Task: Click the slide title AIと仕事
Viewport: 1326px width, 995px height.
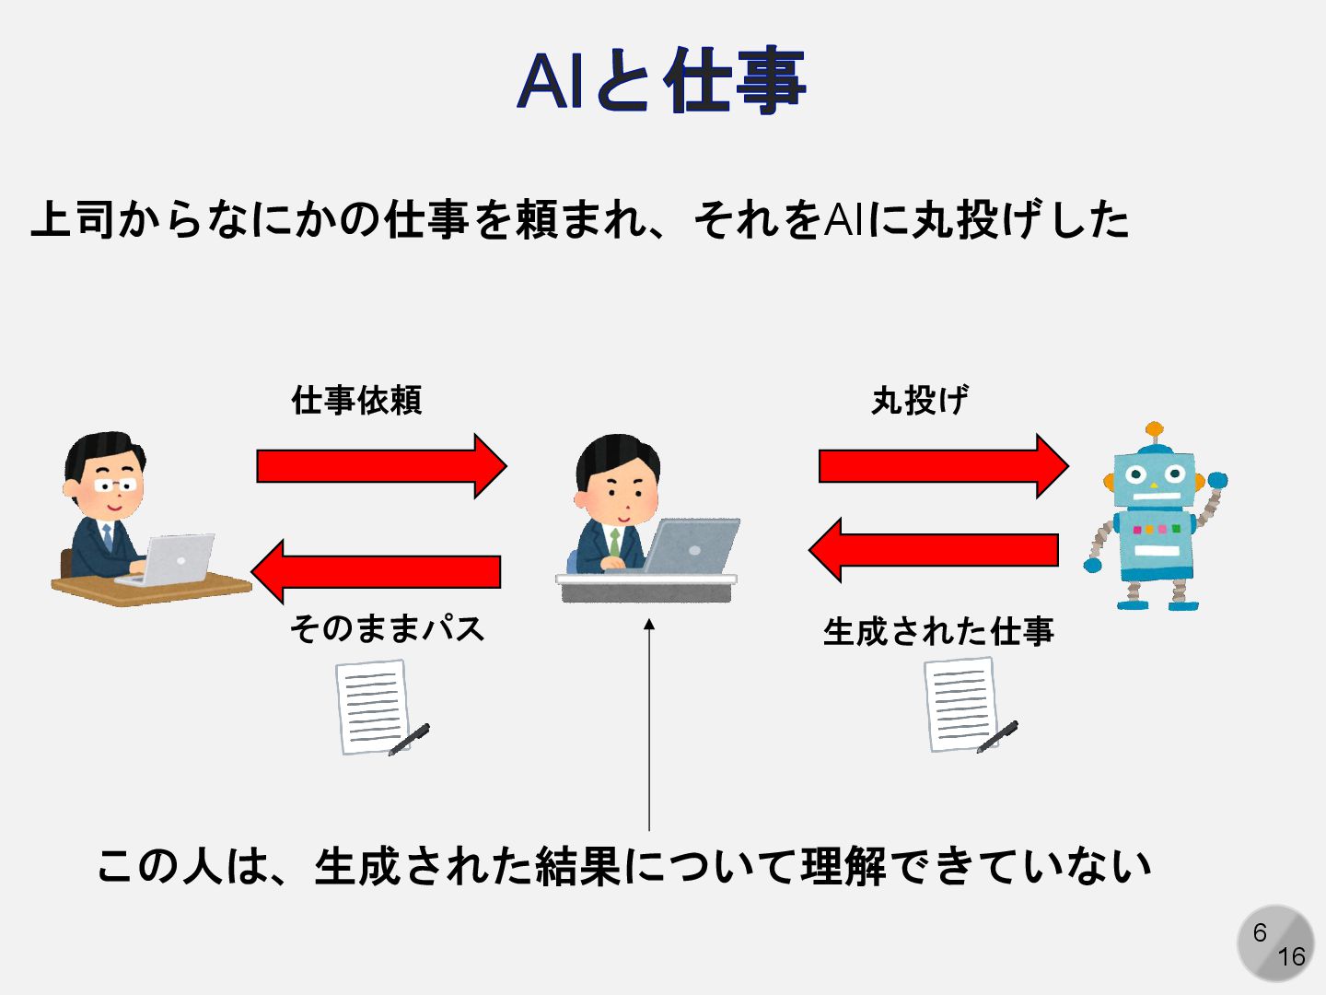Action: (x=661, y=81)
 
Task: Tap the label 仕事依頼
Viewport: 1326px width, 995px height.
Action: (x=356, y=400)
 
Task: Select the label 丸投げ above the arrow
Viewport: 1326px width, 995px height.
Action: (x=919, y=400)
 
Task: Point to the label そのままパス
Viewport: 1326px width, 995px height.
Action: (x=387, y=628)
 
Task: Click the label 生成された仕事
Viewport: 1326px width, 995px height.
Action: (x=937, y=631)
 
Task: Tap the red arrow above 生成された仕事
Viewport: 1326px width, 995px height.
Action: (x=934, y=550)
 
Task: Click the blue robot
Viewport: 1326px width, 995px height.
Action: (x=1156, y=525)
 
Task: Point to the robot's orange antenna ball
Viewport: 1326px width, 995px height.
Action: (x=1155, y=429)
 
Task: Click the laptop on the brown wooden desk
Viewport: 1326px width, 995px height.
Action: (x=170, y=558)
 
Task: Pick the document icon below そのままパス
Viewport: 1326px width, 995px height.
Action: (x=376, y=708)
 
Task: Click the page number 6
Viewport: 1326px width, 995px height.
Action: (x=1260, y=932)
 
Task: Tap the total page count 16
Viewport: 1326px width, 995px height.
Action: (x=1291, y=957)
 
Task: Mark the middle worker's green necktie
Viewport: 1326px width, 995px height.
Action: (x=614, y=543)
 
